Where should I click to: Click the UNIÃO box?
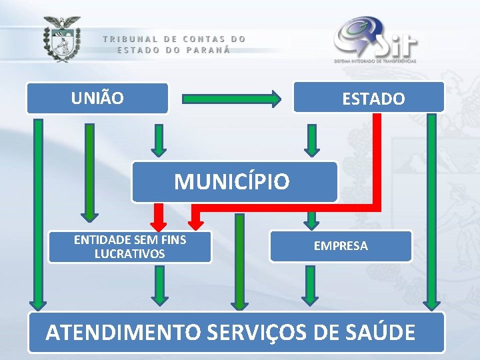point(97,98)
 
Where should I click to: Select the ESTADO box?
point(369,97)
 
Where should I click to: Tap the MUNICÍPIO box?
point(234,181)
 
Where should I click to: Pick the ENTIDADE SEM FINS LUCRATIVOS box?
point(130,247)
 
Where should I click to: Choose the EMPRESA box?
point(341,246)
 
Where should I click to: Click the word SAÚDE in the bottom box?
point(382,331)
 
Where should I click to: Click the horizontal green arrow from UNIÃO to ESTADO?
point(232,99)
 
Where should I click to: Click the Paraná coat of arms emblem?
point(62,40)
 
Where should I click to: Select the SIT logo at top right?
point(375,40)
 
